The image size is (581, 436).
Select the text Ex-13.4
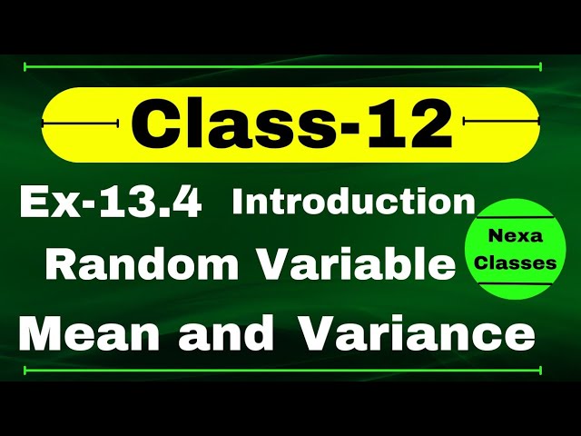coord(111,202)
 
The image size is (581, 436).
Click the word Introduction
coord(354,202)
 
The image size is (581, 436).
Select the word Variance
coord(416,334)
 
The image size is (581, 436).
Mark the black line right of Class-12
coord(501,122)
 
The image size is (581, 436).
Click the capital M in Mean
coord(40,334)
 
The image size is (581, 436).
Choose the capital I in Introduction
coord(239,202)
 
